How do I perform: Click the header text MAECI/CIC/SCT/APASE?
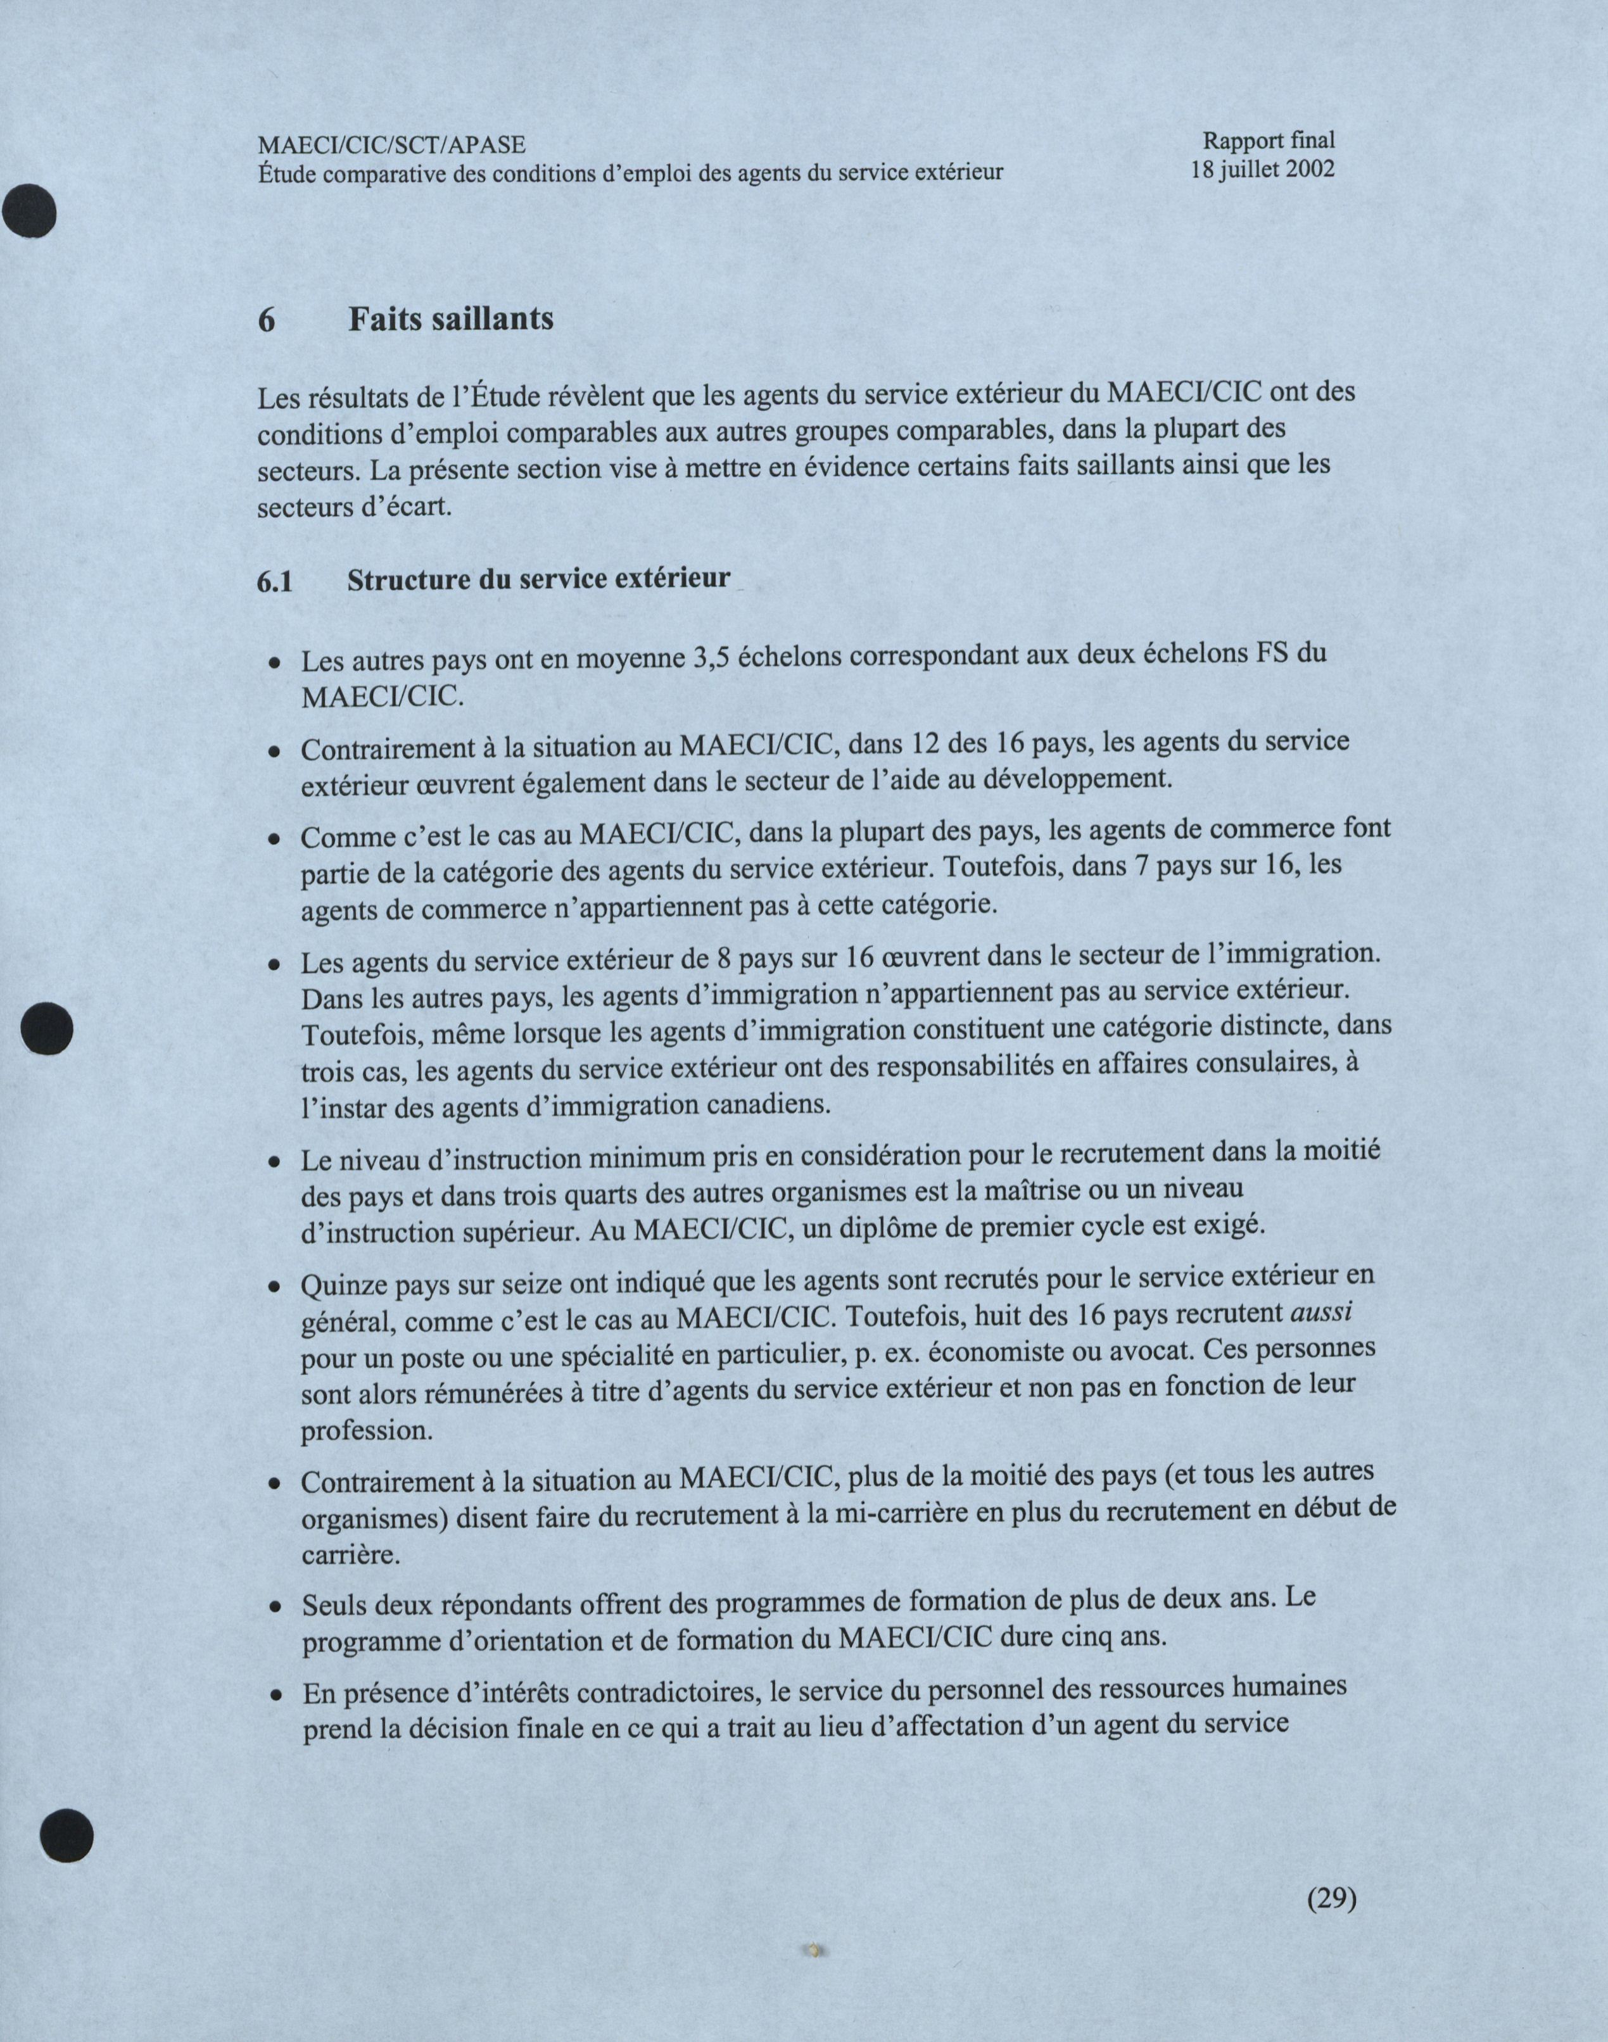391,145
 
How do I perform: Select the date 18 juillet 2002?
1262,170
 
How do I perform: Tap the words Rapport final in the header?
1268,140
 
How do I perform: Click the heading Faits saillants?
451,319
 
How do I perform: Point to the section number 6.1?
274,583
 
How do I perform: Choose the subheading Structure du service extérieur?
538,579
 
